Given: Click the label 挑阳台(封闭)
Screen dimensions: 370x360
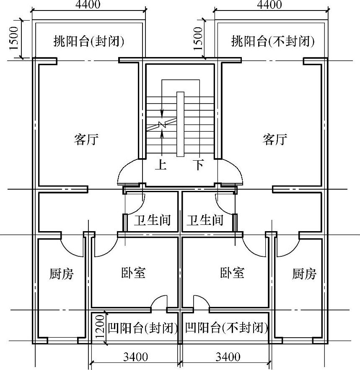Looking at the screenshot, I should tap(89, 41).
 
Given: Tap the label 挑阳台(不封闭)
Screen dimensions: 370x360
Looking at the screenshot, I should tap(272, 41).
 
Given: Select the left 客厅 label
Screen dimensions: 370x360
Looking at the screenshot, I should tap(86, 139).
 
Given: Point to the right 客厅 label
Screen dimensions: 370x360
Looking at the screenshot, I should tap(275, 139).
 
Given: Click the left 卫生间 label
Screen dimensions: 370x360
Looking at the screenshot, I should tap(152, 220).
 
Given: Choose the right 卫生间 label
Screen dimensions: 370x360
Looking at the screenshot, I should tap(205, 220).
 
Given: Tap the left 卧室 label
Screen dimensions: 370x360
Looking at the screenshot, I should tap(134, 273).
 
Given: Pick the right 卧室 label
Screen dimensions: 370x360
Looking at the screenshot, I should tap(232, 273).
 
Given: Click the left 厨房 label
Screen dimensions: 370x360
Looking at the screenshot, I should tap(61, 274).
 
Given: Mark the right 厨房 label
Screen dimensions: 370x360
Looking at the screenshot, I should tap(304, 274).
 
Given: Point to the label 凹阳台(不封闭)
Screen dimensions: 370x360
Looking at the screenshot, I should tap(226, 327).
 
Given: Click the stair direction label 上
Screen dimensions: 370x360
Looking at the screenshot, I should tap(161, 165).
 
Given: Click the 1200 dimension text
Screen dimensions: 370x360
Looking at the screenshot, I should tap(98, 328).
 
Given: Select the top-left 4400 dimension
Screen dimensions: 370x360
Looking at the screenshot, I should tap(88, 5).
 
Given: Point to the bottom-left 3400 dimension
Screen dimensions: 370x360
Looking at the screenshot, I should tap(135, 357).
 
